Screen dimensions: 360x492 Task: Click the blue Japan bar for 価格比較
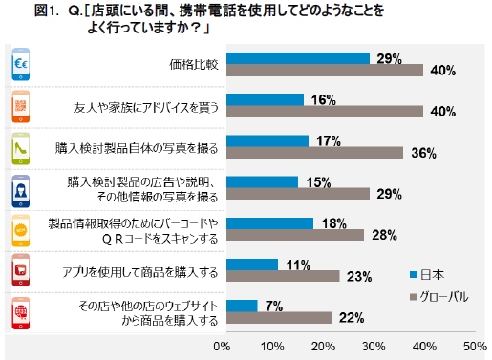coord(296,58)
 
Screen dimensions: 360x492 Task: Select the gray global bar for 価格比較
coord(323,71)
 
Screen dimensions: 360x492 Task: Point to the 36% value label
coord(422,153)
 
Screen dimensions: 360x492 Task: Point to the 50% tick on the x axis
coord(475,345)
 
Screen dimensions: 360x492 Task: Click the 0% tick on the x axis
coord(223,345)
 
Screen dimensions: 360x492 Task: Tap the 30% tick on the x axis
coord(374,345)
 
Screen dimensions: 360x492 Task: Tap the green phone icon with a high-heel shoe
coord(20,148)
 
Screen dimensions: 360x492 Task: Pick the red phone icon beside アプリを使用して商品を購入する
coord(20,270)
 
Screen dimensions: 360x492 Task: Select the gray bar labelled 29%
coord(296,194)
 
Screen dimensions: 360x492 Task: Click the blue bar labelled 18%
coord(267,222)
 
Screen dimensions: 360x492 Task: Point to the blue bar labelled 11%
coord(250,264)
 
